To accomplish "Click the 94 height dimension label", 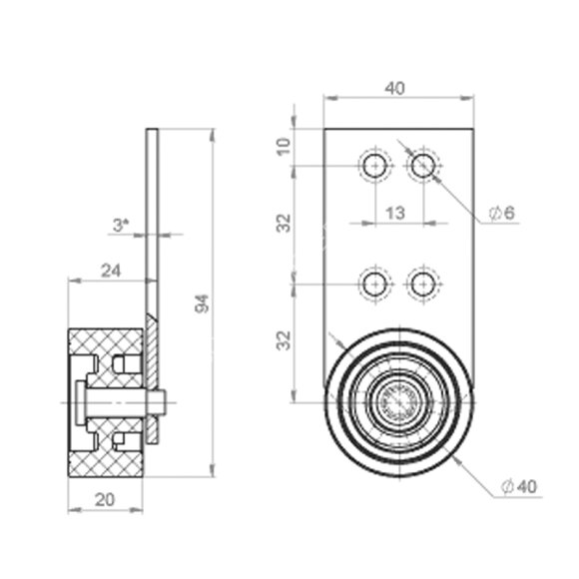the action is (202, 303).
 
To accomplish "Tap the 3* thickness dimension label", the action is (121, 225).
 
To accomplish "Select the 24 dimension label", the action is (111, 272).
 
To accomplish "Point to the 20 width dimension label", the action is (105, 500).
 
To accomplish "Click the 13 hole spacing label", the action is (395, 213).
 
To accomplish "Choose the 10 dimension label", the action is (284, 147).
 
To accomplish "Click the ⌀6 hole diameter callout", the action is (502, 213).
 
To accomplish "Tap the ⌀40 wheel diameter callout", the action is (519, 487).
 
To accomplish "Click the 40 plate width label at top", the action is (395, 88).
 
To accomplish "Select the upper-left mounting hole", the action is (375, 166).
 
